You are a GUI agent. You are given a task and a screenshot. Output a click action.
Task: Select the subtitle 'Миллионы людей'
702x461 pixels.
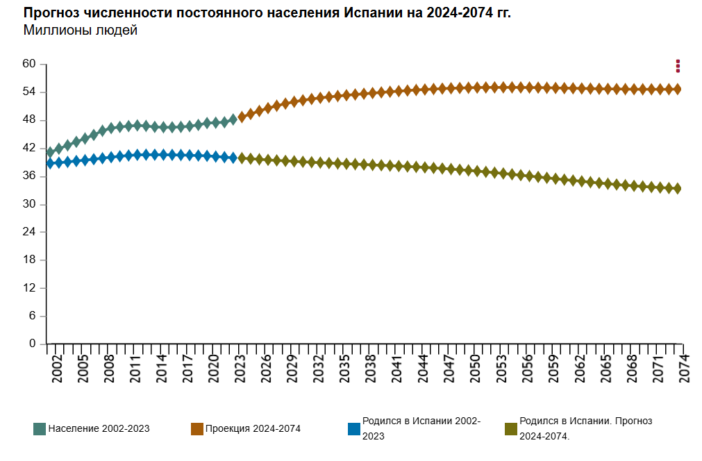pyautogui.click(x=80, y=31)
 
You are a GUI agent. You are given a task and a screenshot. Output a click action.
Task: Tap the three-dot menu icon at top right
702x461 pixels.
pyautogui.click(x=678, y=66)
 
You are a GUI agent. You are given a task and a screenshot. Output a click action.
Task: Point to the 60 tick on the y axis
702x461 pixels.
pyautogui.click(x=28, y=64)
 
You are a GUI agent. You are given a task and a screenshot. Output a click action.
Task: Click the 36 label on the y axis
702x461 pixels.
pyautogui.click(x=28, y=176)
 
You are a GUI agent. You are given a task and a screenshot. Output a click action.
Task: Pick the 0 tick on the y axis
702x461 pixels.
pyautogui.click(x=32, y=344)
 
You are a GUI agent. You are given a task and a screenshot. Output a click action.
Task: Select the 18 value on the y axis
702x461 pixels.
pyautogui.click(x=28, y=260)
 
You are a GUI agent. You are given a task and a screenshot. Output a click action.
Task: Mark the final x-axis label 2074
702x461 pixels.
pyautogui.click(x=685, y=365)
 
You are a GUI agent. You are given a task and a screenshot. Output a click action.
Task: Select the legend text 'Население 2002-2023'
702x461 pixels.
pyautogui.click(x=99, y=428)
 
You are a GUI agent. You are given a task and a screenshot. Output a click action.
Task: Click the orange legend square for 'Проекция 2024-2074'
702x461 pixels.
pyautogui.click(x=197, y=428)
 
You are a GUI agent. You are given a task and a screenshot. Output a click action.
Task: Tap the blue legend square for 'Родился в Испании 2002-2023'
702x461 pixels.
pyautogui.click(x=353, y=428)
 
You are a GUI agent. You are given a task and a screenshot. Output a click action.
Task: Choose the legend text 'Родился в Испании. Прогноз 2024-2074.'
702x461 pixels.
pyautogui.click(x=585, y=428)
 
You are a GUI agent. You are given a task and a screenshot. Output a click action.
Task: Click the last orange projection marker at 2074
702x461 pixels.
pyautogui.click(x=677, y=89)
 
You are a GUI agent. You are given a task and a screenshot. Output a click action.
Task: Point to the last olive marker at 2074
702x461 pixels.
pyautogui.click(x=677, y=188)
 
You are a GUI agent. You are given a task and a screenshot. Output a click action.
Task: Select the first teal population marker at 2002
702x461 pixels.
pyautogui.click(x=50, y=152)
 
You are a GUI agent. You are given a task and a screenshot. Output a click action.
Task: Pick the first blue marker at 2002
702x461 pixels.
pyautogui.click(x=50, y=162)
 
